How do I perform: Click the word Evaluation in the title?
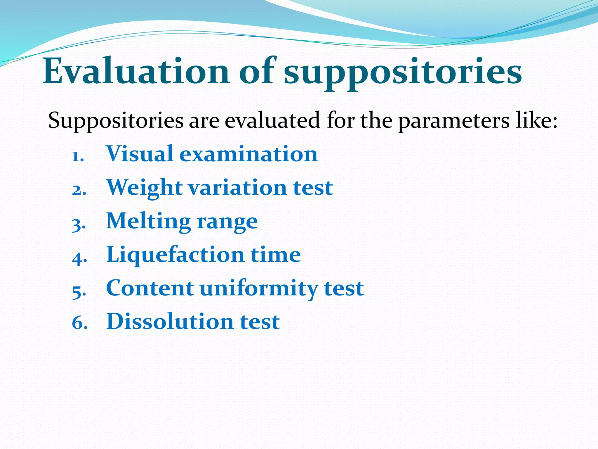136,72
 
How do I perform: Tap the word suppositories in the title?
403,73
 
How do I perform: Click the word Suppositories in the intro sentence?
116,121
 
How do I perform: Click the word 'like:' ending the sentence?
537,120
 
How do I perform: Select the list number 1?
78,157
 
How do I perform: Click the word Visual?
140,154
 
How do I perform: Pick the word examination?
248,154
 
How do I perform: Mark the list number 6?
80,324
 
